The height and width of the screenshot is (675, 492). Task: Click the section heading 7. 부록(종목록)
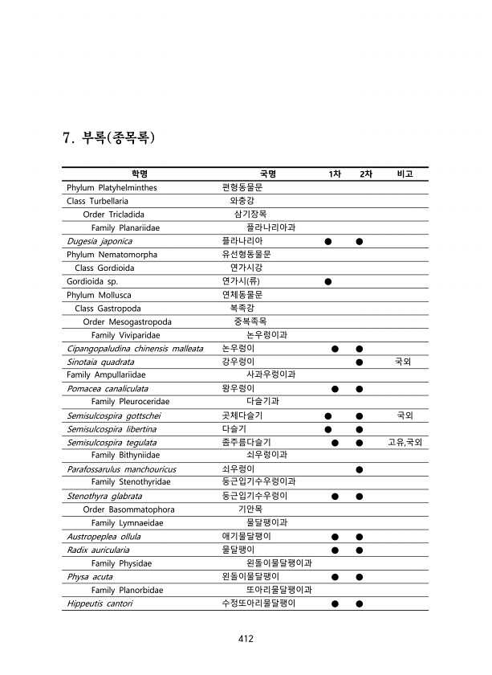tap(108, 137)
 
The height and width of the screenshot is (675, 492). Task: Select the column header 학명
tap(140, 174)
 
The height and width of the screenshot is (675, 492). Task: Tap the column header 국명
tap(267, 174)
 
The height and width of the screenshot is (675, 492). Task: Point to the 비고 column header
tap(405, 174)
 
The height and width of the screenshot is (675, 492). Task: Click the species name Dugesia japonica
tap(100, 241)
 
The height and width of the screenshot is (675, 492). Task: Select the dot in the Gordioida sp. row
tap(328, 281)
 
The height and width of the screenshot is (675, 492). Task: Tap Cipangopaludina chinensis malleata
tap(135, 349)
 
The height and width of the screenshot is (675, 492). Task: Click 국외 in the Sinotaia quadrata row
tap(404, 362)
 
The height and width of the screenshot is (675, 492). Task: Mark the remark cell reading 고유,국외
tap(405, 443)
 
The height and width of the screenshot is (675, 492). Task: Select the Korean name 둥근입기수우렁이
tap(254, 496)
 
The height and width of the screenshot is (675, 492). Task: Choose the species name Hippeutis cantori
tap(100, 603)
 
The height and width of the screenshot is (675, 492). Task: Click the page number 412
tap(246, 640)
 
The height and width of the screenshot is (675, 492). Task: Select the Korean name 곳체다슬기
tap(242, 415)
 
